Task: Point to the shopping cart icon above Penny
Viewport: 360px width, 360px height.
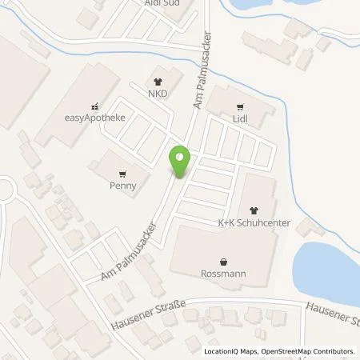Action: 122,173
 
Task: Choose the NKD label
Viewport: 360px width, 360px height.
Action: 156,93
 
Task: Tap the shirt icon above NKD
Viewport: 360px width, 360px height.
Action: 156,81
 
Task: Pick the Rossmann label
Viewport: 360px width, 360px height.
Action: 223,273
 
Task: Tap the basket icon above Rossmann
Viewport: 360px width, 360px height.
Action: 223,260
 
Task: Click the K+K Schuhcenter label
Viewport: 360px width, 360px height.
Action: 254,224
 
